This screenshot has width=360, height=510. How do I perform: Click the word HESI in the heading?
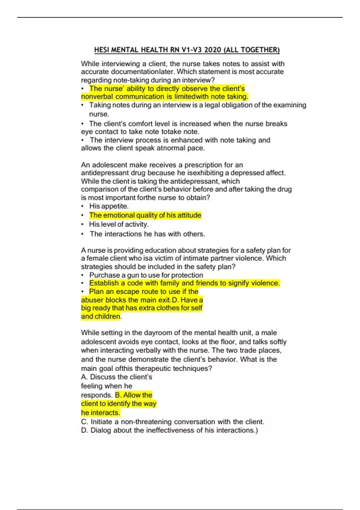[102, 50]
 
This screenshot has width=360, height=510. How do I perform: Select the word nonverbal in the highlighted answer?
[97, 97]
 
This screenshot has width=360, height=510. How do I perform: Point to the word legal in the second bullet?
[212, 105]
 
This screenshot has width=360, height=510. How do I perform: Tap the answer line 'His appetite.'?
[109, 206]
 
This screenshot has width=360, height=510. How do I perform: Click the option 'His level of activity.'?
[119, 224]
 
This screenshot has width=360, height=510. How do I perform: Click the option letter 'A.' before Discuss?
[84, 377]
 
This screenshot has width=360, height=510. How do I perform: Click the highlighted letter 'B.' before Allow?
[118, 395]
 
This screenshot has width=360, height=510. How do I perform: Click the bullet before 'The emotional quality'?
[82, 215]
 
